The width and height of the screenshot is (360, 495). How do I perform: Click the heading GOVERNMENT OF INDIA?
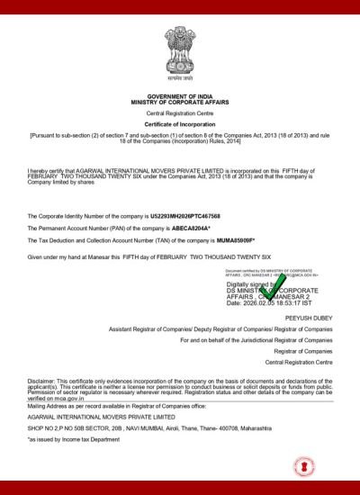[179, 94]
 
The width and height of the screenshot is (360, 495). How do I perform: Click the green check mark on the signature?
[270, 287]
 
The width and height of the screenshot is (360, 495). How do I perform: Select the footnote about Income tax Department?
[73, 440]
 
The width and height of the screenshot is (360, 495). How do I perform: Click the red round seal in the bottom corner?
[304, 468]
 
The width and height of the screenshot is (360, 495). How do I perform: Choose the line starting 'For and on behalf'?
[256, 340]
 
